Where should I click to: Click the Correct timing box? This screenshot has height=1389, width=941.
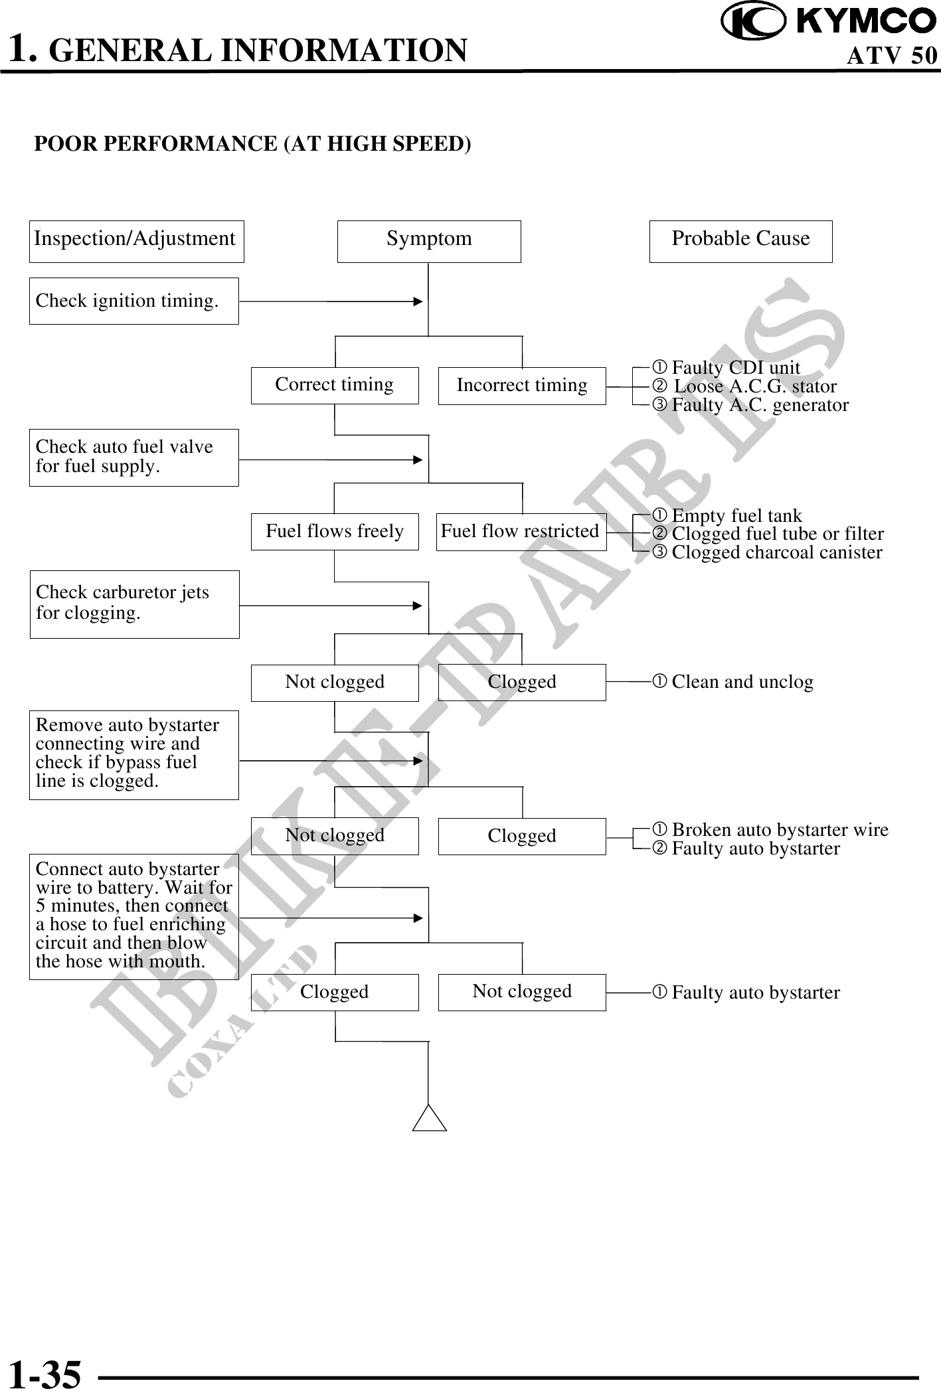pos(335,385)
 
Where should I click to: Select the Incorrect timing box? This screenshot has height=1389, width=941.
pos(522,385)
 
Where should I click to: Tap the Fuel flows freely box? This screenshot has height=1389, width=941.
pos(335,531)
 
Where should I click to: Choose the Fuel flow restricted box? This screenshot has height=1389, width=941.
pos(521,531)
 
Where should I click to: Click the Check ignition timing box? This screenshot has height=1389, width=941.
pos(133,301)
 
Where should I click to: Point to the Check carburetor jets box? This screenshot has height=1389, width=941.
pos(134,604)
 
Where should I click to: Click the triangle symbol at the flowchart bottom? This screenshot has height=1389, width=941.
pos(429,1118)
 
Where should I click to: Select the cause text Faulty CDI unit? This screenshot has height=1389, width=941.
pos(736,367)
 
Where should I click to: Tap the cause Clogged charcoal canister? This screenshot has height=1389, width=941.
pos(776,552)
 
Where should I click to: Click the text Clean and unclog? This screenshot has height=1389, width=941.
pos(742,682)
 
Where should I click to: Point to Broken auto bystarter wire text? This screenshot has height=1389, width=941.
pos(780,830)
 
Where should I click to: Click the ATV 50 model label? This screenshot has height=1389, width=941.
pos(892,56)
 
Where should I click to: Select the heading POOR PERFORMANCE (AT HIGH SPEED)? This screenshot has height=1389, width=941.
pos(252,143)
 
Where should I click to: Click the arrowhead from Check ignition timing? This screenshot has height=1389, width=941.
pos(418,301)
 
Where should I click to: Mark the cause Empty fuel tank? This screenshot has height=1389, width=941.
pos(736,515)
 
